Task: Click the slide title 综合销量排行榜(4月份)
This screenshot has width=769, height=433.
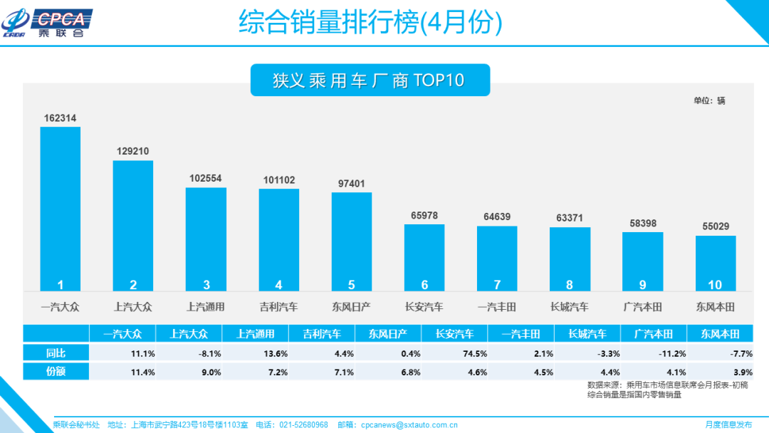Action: click(x=370, y=23)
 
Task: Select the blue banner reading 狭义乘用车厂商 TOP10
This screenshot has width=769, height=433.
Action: click(x=370, y=80)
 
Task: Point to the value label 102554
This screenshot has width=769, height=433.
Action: click(x=206, y=178)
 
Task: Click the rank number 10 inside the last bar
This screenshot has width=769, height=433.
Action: click(x=715, y=285)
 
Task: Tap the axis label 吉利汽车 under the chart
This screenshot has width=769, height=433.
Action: click(x=278, y=307)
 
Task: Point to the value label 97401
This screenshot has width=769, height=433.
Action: click(x=351, y=184)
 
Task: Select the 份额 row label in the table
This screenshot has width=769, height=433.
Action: click(x=56, y=371)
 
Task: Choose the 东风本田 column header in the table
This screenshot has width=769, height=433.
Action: click(x=719, y=333)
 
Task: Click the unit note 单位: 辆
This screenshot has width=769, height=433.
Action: click(x=709, y=100)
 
